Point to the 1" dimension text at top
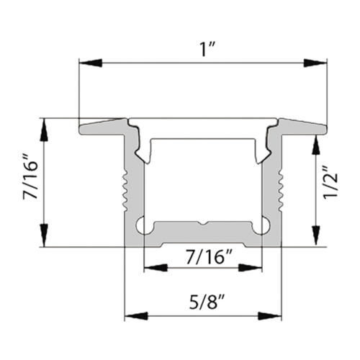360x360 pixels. (x=204, y=45)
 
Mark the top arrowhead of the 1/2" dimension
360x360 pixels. (x=315, y=147)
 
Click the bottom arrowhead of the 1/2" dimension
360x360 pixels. (x=315, y=232)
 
